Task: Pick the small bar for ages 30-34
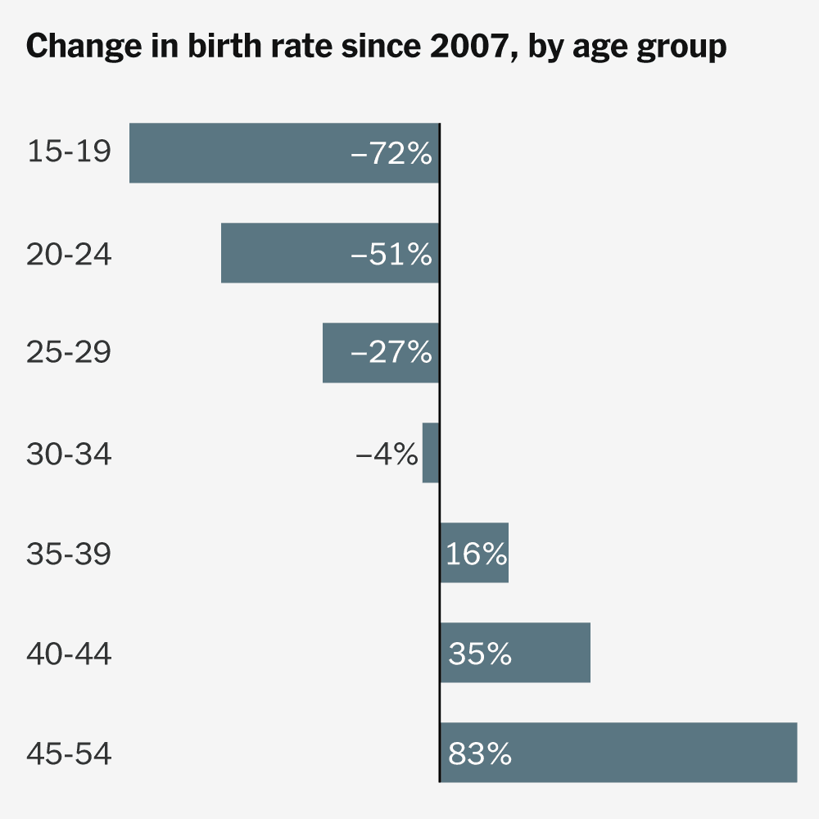pos(431,453)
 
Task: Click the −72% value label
pos(391,153)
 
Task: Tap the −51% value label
pos(391,254)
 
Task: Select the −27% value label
pos(391,353)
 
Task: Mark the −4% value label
pos(387,454)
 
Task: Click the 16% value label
pos(477,554)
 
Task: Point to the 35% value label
pos(480,654)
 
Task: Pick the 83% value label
pos(480,753)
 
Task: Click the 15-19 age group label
pos(69,152)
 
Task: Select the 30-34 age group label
pos(69,454)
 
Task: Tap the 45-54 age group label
pos(69,753)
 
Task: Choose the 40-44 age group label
pos(69,654)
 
